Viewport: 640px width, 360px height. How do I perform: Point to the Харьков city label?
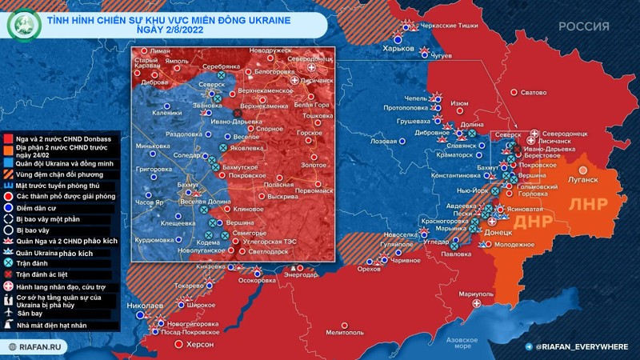tap(399, 48)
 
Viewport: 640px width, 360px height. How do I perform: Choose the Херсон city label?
tap(200, 344)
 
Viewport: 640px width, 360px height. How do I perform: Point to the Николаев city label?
tap(146, 306)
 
